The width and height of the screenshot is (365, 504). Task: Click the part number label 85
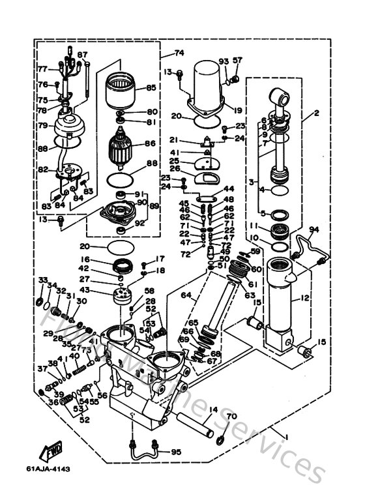pyautogui.click(x=151, y=87)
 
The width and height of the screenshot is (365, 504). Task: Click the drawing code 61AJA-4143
pyautogui.click(x=49, y=469)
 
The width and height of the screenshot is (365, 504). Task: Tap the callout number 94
pyautogui.click(x=314, y=230)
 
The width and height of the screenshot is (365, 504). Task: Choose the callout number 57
pyautogui.click(x=237, y=61)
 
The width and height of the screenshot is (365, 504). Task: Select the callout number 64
pyautogui.click(x=185, y=295)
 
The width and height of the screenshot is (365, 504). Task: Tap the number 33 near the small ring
pyautogui.click(x=42, y=280)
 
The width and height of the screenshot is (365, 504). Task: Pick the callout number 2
pyautogui.click(x=316, y=113)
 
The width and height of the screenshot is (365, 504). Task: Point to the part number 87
pyautogui.click(x=82, y=54)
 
